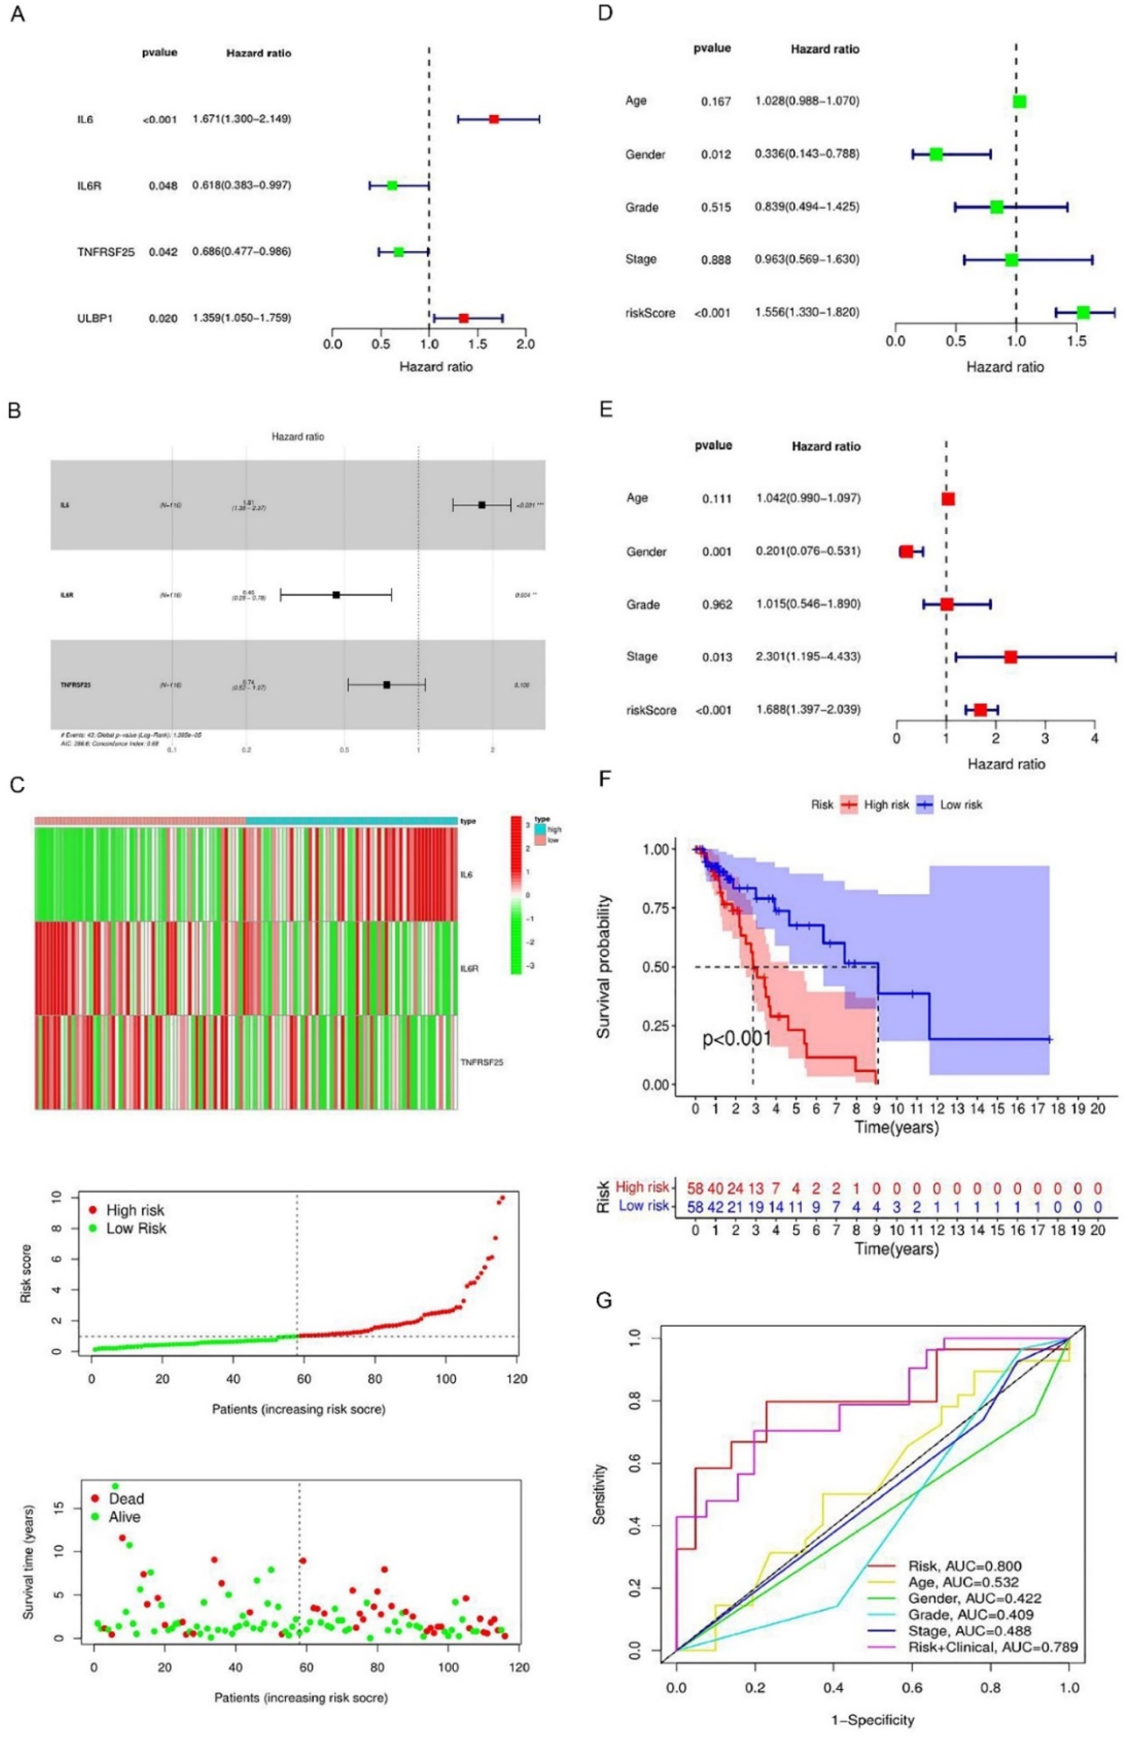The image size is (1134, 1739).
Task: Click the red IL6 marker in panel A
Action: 494,119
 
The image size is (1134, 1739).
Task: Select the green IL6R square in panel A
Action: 392,185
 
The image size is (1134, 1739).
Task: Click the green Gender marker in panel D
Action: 936,154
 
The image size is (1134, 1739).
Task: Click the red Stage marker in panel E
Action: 1010,657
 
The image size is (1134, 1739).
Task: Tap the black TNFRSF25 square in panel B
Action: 387,685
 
